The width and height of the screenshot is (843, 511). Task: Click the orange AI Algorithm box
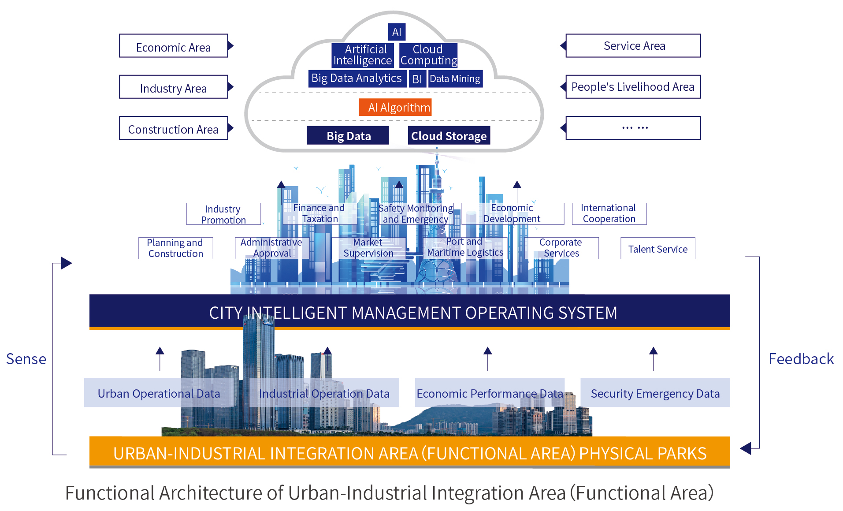point(395,107)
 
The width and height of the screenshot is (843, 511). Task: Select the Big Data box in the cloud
point(348,135)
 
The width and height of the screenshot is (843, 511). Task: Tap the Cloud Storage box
point(449,135)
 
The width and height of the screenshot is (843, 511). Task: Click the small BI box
point(417,79)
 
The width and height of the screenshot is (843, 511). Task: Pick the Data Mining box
point(455,79)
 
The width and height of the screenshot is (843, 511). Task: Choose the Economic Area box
point(174,46)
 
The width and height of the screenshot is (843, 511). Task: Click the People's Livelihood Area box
point(633,87)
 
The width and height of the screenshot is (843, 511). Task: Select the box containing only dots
point(633,128)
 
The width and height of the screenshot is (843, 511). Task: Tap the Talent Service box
point(658,248)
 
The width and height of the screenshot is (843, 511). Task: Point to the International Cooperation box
point(609,214)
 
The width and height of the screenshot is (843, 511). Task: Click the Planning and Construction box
point(175,248)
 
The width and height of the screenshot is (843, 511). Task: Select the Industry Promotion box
point(223,214)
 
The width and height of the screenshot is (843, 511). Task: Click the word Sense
point(26,359)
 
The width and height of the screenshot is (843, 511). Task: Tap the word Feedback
point(801,359)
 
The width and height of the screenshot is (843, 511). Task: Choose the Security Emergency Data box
point(655,392)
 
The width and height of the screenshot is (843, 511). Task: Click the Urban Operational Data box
point(159,392)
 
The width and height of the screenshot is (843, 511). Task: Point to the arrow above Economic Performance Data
point(487,359)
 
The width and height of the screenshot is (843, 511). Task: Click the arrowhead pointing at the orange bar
point(745,448)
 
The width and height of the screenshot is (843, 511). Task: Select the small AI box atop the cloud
point(397,32)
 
